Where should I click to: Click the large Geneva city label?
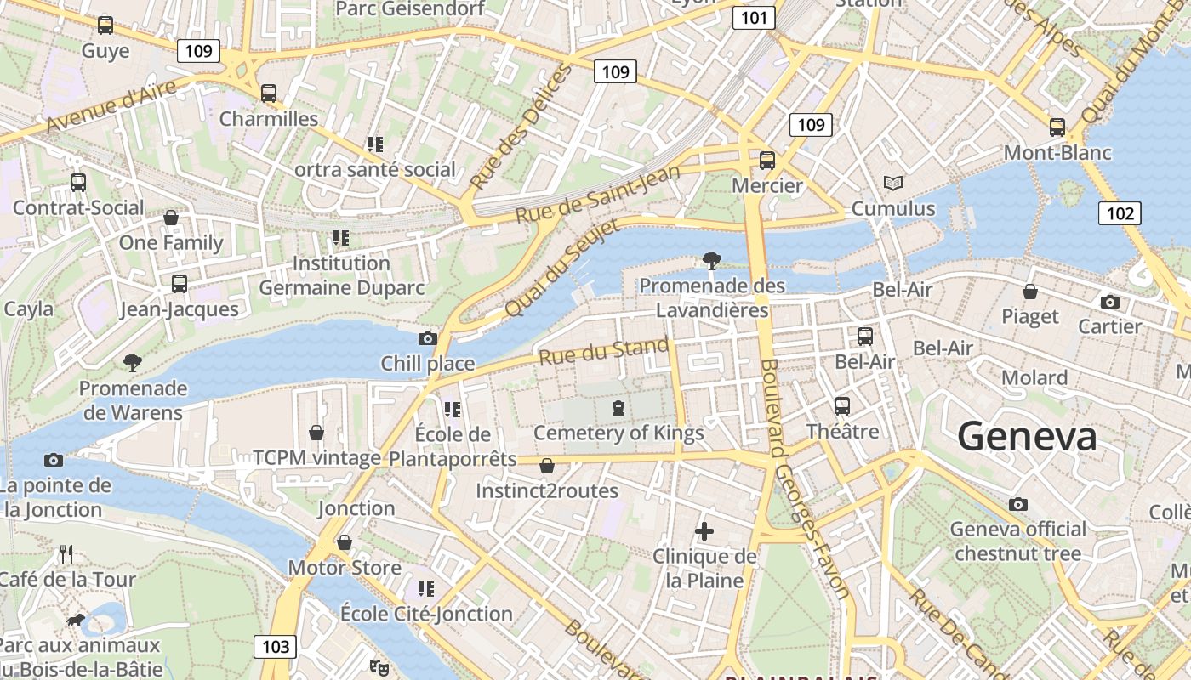[1027, 437]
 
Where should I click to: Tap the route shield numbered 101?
[754, 17]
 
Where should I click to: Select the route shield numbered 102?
[1120, 212]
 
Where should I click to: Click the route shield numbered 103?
[276, 646]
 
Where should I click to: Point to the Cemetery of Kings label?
[618, 433]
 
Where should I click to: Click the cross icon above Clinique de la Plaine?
[704, 532]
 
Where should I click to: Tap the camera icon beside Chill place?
[428, 339]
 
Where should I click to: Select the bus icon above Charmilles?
[269, 93]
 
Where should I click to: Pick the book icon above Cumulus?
[892, 183]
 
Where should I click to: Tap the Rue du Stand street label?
[604, 351]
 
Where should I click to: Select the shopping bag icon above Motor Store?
[345, 542]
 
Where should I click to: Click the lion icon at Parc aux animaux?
[77, 620]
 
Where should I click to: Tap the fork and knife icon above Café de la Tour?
[66, 555]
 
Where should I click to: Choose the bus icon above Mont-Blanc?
[1057, 127]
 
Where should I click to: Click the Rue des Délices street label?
[521, 127]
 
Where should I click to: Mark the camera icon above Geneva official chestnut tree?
[1018, 504]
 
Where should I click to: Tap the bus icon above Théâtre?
[842, 406]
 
